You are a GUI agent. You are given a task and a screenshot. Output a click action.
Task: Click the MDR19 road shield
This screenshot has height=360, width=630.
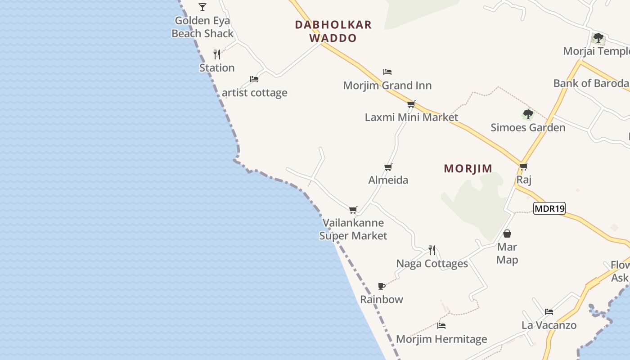pyautogui.click(x=549, y=208)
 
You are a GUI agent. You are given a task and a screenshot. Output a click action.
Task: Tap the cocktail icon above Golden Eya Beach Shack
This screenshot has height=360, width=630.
pyautogui.click(x=202, y=7)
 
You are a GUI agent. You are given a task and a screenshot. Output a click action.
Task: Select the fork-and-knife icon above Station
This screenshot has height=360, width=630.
pyautogui.click(x=217, y=54)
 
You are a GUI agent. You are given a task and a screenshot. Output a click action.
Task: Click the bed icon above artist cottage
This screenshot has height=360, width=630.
pyautogui.click(x=254, y=79)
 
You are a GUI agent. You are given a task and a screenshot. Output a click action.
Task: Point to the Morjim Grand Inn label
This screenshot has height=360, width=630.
pyautogui.click(x=387, y=85)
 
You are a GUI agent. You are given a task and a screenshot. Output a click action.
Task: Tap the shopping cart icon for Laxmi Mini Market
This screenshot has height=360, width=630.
pyautogui.click(x=411, y=104)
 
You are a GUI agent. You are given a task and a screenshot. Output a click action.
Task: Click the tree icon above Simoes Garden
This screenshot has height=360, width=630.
pyautogui.click(x=528, y=114)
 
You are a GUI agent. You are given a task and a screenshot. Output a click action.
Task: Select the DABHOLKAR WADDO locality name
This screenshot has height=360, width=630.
pyautogui.click(x=333, y=31)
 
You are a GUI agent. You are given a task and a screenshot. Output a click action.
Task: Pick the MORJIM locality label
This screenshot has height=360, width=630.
pyautogui.click(x=468, y=169)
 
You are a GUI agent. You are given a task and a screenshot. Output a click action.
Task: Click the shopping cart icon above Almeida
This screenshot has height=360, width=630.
pyautogui.click(x=388, y=167)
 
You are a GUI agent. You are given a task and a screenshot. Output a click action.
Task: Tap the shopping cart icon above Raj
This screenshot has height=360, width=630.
pyautogui.click(x=523, y=167)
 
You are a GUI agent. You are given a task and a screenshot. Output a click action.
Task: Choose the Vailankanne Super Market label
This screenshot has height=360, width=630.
pyautogui.click(x=353, y=229)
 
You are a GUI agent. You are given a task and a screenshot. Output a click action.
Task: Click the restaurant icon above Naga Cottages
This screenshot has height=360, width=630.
pyautogui.click(x=432, y=250)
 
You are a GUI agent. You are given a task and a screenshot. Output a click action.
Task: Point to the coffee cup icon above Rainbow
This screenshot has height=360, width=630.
pyautogui.click(x=382, y=286)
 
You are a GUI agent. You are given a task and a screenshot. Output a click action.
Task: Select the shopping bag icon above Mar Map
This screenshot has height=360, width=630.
pyautogui.click(x=507, y=234)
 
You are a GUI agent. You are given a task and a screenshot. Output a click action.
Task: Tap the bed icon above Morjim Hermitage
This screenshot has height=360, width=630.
pyautogui.click(x=441, y=326)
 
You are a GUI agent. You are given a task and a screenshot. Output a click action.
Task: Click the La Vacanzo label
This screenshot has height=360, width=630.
pyautogui.click(x=549, y=325)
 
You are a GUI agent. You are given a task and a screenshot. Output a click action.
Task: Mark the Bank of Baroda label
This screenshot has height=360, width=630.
pyautogui.click(x=591, y=83)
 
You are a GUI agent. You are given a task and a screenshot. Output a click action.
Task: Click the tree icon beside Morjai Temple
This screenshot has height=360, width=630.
pyautogui.click(x=598, y=38)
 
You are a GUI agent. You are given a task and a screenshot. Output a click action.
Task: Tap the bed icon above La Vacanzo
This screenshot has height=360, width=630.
pyautogui.click(x=549, y=311)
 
